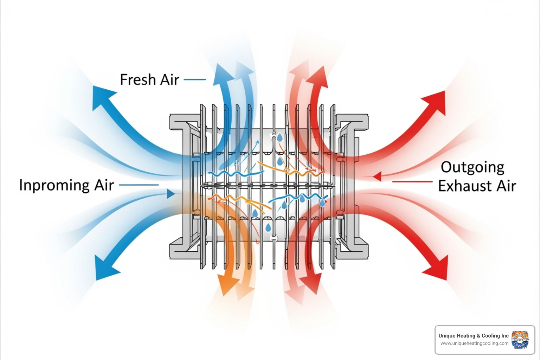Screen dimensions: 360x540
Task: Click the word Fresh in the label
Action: (138, 79)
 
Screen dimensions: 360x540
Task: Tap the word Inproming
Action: (54, 185)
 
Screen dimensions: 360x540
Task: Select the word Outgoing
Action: (472, 167)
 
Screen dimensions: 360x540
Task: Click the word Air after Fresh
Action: (170, 79)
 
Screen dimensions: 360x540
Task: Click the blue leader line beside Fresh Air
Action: (195, 79)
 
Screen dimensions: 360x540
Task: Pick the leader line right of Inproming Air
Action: (139, 185)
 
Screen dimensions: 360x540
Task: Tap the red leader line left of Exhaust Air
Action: (412, 182)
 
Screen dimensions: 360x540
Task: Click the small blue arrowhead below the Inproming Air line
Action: (171, 194)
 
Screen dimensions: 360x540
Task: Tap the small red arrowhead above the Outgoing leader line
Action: (378, 176)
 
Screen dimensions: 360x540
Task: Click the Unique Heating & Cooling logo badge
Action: (520, 340)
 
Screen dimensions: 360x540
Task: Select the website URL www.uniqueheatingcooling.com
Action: (474, 343)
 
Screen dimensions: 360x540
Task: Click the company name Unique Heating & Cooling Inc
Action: (473, 336)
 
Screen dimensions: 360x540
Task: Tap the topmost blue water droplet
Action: (280, 137)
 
